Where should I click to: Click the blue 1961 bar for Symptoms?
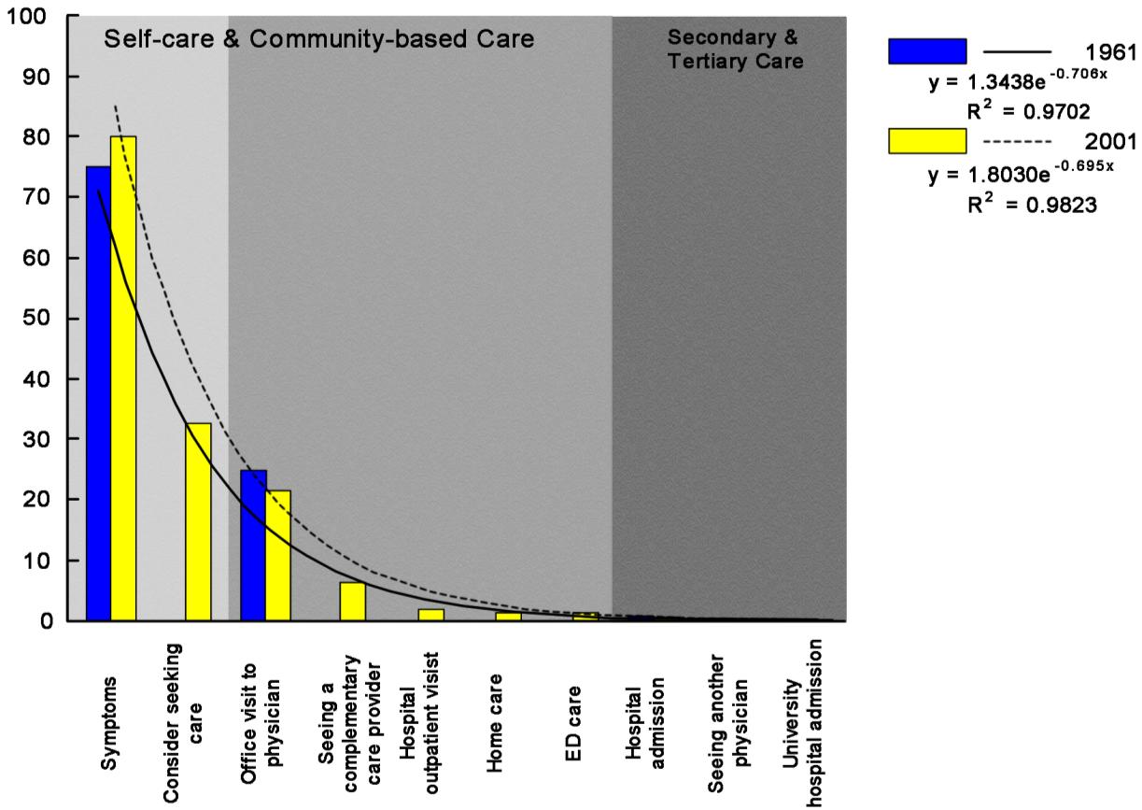99,392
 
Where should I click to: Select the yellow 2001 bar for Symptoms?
123,378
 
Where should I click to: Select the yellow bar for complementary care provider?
352,601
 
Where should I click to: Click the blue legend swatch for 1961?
927,51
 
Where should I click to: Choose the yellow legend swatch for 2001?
927,141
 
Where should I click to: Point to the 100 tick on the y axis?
37,17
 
